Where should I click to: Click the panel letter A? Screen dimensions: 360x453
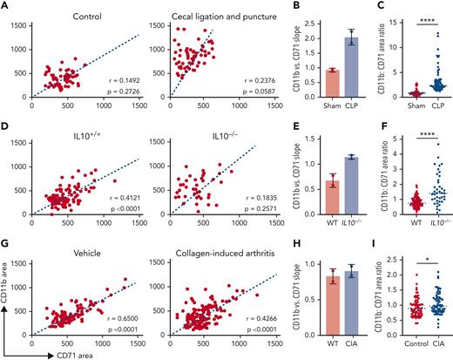point(6,6)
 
